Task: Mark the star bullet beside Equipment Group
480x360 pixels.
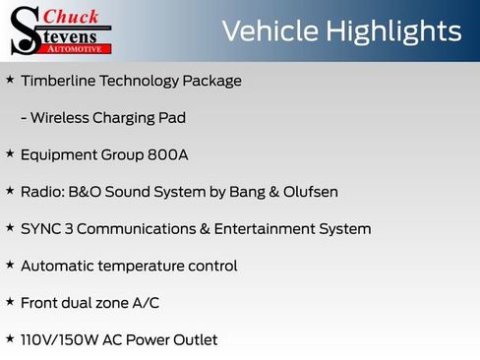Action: tap(10, 154)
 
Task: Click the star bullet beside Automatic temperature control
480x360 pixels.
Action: tap(10, 266)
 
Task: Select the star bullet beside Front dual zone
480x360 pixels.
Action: tap(10, 303)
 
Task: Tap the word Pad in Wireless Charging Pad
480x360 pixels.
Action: tap(172, 118)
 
